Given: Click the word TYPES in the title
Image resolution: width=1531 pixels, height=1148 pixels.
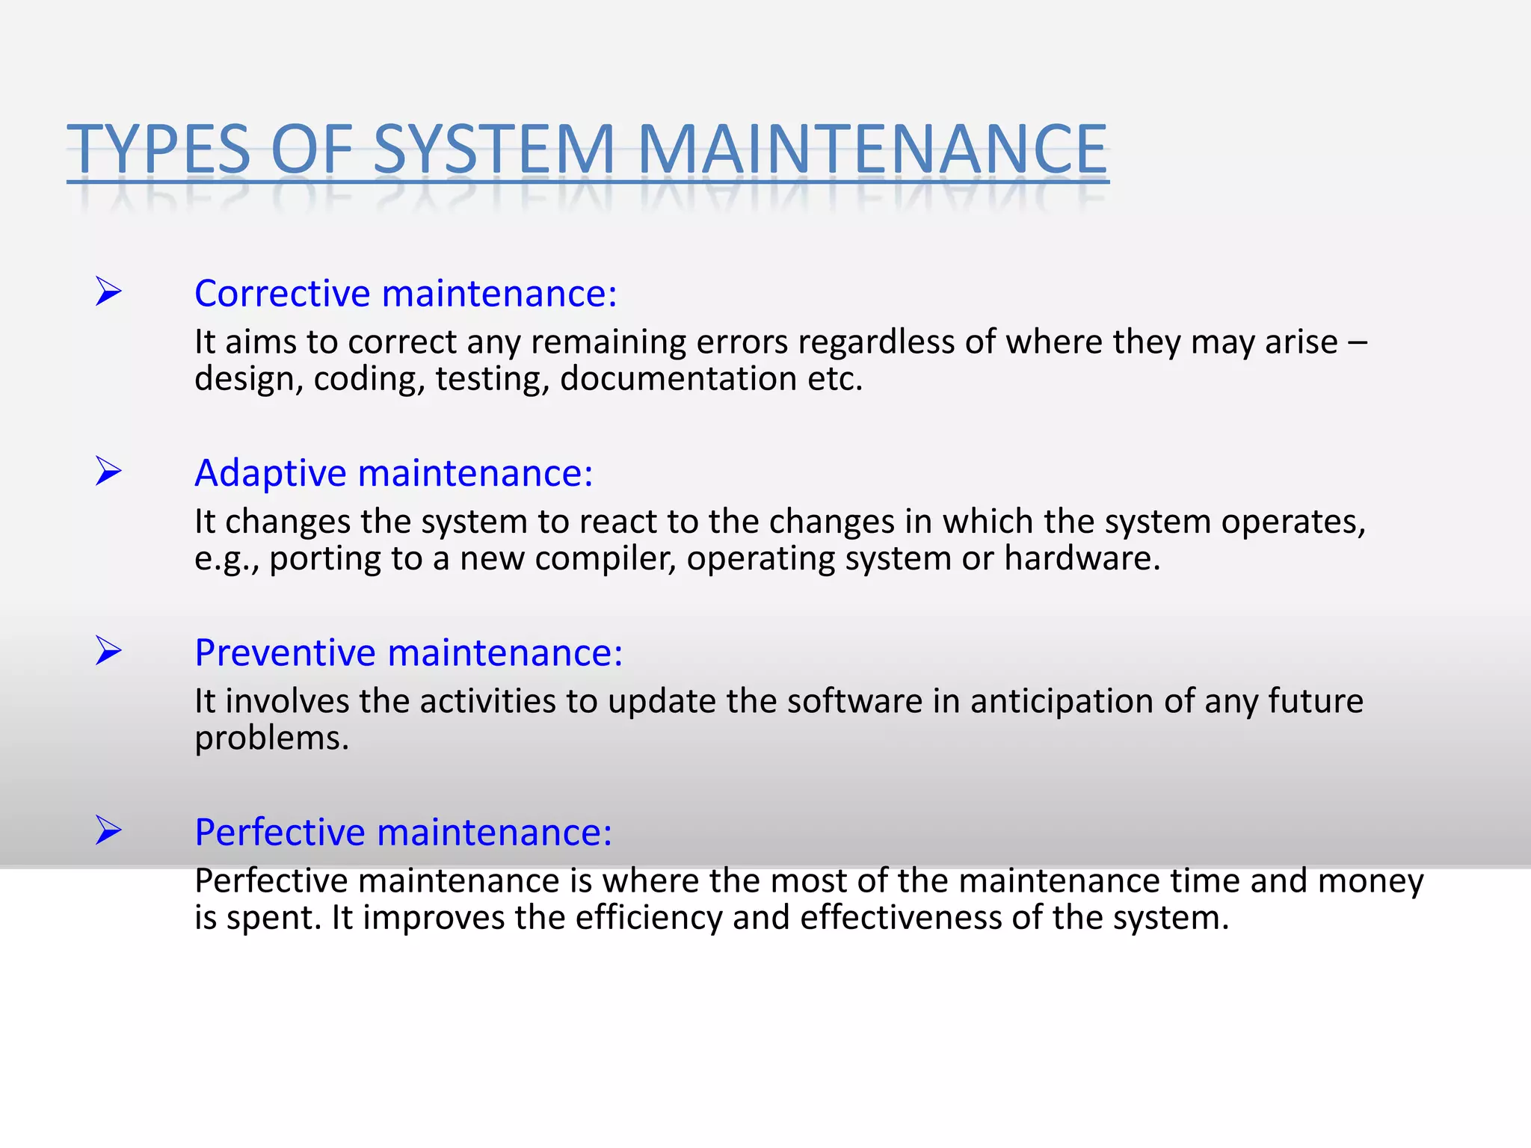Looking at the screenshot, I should [x=158, y=149].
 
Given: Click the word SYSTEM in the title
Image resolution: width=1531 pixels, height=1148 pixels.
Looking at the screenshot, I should [x=494, y=149].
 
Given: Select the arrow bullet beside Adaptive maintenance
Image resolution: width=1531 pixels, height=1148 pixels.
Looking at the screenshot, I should [x=109, y=471].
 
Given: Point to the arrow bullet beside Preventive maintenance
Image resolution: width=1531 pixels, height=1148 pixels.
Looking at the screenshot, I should [x=109, y=650].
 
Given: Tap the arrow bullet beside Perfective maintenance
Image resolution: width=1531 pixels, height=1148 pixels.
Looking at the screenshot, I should [x=109, y=830].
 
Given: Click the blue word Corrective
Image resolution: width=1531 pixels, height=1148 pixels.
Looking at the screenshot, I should [x=283, y=293].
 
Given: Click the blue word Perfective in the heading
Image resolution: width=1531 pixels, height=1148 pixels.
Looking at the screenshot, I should [x=281, y=832].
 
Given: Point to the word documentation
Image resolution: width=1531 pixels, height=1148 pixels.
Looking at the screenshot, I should [x=678, y=379].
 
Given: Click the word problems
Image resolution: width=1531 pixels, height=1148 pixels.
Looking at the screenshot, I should [x=271, y=739].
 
